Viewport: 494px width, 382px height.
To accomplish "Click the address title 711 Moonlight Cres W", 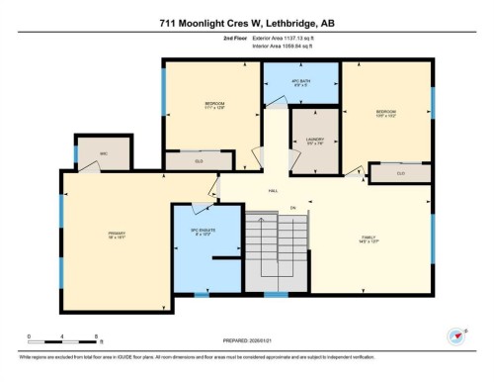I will click(x=247, y=23).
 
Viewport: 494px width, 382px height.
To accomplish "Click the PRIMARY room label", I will click(x=118, y=236).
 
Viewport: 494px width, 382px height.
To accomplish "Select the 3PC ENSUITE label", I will click(x=203, y=235).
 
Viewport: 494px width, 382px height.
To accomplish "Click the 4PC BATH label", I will click(x=300, y=83).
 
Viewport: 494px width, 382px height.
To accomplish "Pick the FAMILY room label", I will click(x=370, y=239).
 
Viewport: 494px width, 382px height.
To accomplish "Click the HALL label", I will click(x=274, y=192).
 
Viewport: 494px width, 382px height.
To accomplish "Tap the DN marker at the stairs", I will click(x=292, y=207).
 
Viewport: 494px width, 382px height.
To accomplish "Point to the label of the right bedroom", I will click(x=386, y=114).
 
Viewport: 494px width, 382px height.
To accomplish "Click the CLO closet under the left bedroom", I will click(x=199, y=159).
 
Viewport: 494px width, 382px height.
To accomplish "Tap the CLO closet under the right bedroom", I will click(x=400, y=174).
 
